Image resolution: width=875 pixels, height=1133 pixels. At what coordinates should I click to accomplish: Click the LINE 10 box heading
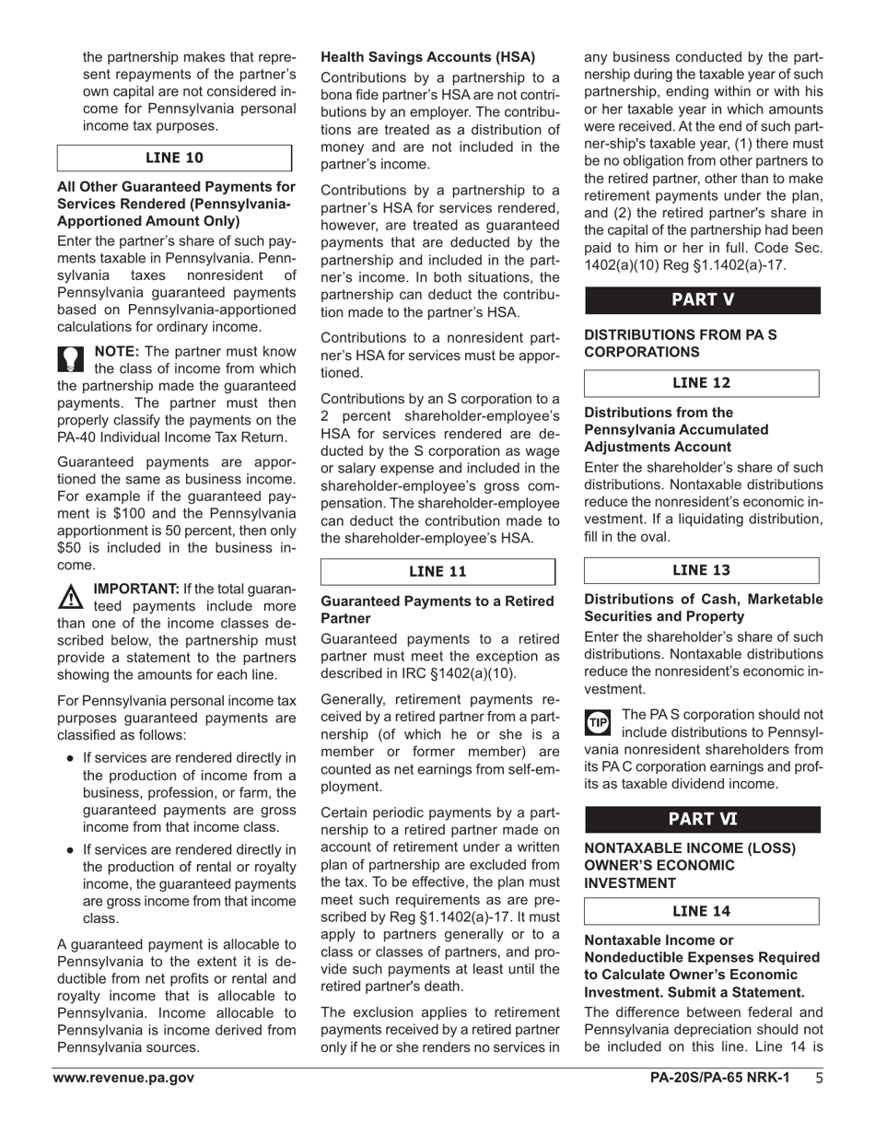point(175,158)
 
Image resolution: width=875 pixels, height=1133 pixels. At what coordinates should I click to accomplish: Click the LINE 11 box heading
point(437,571)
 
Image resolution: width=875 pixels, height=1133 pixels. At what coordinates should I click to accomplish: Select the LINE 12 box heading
point(702,383)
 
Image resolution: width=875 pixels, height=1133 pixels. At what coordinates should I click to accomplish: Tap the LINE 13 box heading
point(702,571)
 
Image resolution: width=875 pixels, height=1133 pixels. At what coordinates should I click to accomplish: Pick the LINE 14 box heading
point(702,911)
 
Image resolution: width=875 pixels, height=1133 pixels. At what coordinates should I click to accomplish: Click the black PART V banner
point(702,299)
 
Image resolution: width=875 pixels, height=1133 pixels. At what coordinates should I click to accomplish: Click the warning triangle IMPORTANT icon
point(71,597)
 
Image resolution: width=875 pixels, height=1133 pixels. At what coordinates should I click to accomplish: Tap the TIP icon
point(598,722)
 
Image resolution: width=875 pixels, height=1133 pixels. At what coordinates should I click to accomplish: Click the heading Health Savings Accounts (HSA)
point(428,57)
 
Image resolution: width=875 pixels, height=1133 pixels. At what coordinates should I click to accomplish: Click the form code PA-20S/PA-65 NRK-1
point(719,1079)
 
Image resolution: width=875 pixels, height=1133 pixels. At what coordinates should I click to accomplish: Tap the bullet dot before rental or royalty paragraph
point(70,850)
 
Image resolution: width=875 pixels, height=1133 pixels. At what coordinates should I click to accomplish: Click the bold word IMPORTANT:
point(136,589)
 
